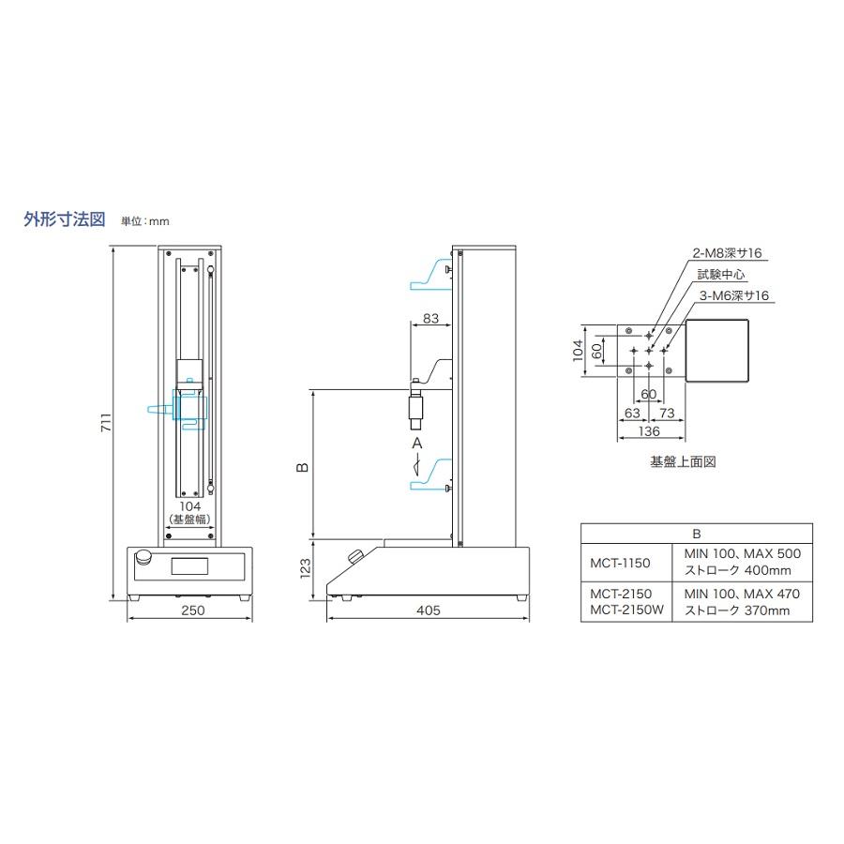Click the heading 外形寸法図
point(64,219)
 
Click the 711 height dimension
point(107,422)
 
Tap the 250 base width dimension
point(192,610)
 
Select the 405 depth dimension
point(429,610)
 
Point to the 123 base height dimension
point(305,568)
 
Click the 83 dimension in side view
point(430,318)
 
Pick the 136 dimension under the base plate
point(649,431)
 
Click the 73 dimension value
point(667,413)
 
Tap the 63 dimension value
point(632,413)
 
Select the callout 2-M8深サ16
point(727,253)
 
